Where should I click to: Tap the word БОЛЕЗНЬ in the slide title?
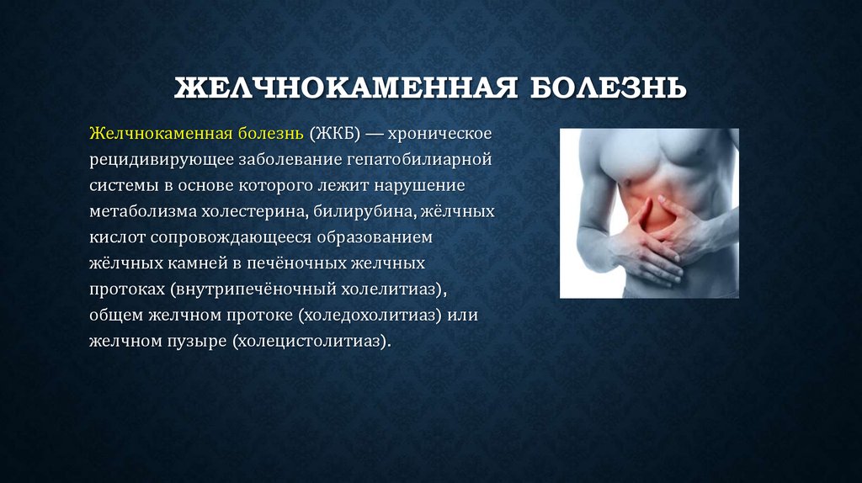[x=607, y=88]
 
